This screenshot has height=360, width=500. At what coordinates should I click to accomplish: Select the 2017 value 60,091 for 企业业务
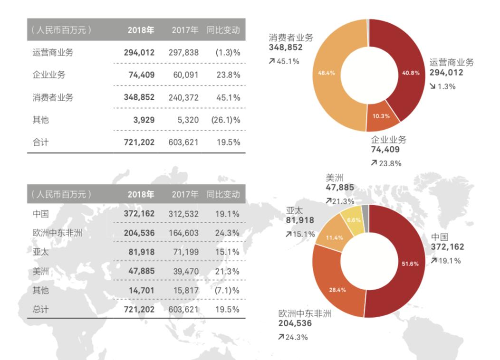(183, 75)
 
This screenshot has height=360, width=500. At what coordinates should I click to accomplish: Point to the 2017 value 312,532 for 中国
(183, 214)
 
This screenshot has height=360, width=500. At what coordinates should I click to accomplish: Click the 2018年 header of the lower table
(141, 194)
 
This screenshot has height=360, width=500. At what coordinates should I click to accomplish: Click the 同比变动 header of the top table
(223, 30)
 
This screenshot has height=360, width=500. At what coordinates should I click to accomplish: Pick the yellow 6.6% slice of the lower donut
(355, 220)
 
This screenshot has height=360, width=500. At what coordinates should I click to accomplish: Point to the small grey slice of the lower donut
(365, 211)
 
